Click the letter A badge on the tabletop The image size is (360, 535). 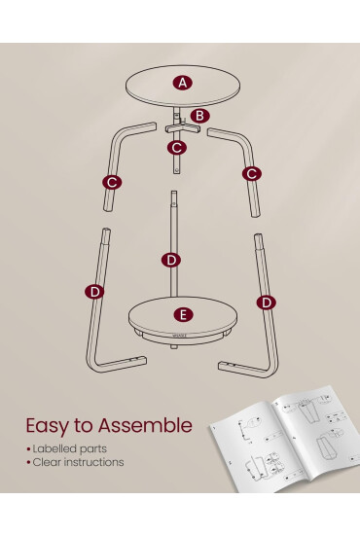click(183, 83)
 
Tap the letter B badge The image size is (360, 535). click(199, 116)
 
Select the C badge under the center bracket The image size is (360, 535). click(177, 148)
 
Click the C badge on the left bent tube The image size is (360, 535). click(112, 182)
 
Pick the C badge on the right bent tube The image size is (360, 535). click(252, 174)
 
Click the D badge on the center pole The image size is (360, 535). click(171, 260)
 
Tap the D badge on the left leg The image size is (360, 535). click(94, 292)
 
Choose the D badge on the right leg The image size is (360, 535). click(267, 303)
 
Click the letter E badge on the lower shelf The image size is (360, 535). click(183, 314)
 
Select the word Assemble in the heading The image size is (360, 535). click(145, 425)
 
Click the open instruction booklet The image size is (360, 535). click(283, 440)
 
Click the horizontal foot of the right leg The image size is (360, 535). click(243, 370)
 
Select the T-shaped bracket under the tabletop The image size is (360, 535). click(183, 129)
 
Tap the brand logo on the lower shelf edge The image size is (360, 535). click(180, 335)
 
